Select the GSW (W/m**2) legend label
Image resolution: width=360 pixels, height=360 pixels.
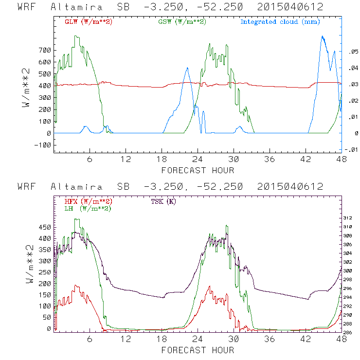(x=182, y=22)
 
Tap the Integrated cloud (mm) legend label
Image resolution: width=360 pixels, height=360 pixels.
(x=280, y=22)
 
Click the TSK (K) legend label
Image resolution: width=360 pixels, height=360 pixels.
(x=165, y=201)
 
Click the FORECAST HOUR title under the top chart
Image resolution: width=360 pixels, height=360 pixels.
(x=198, y=170)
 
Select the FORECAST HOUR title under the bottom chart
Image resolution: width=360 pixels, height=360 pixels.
(x=198, y=350)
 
